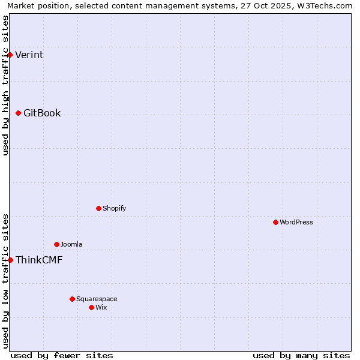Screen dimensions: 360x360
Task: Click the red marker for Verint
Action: [10, 55]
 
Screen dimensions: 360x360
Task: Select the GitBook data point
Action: [18, 113]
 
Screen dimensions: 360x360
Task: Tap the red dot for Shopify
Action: [98, 208]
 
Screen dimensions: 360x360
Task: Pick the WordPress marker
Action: [275, 222]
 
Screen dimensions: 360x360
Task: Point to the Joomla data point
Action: [56, 244]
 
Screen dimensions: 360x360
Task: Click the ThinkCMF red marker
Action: [10, 260]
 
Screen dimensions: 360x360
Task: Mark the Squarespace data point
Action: [72, 299]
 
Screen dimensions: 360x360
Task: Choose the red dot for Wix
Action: [91, 307]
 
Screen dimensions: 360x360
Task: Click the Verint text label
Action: [29, 55]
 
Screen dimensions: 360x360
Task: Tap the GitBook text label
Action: [42, 113]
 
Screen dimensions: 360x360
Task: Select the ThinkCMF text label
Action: [39, 260]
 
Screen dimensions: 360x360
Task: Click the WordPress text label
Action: [296, 223]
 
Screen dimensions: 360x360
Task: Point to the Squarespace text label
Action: [97, 299]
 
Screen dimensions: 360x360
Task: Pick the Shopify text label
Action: [114, 209]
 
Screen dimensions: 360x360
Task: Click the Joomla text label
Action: [71, 245]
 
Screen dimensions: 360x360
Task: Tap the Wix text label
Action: [101, 308]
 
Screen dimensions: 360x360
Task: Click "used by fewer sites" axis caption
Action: [62, 355]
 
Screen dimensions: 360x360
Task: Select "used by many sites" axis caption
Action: [301, 355]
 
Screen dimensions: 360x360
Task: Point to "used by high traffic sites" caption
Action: [5, 85]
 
